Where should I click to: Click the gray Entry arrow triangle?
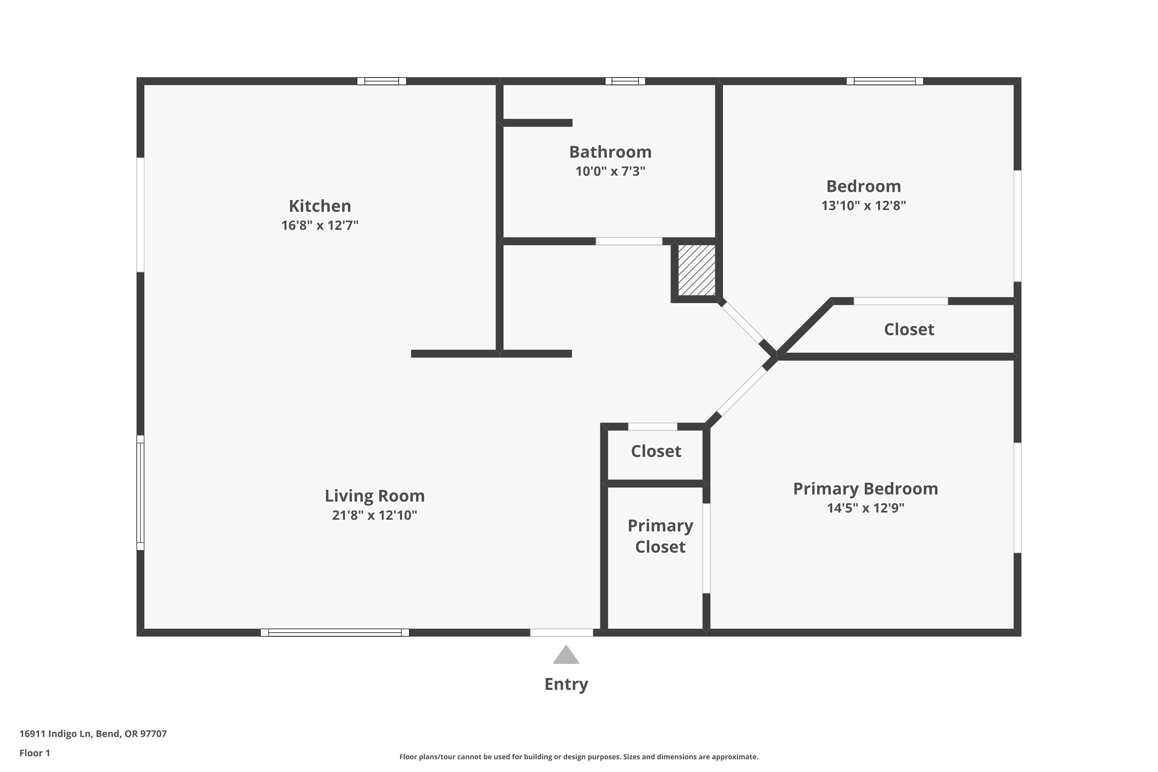[566, 656]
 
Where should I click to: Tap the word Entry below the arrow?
[566, 684]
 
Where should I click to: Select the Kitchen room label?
[320, 206]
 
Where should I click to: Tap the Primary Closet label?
[660, 536]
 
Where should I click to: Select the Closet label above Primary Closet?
[656, 451]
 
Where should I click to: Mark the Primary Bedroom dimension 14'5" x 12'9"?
[865, 508]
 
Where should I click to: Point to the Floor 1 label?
[34, 753]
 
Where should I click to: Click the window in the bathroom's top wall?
[625, 81]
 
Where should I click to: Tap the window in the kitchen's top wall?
[382, 81]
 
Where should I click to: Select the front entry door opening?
[561, 633]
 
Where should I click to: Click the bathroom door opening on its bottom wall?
[629, 241]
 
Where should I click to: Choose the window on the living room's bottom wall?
[335, 633]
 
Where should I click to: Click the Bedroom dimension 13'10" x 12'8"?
[863, 206]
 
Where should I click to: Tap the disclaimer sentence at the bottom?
[579, 757]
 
